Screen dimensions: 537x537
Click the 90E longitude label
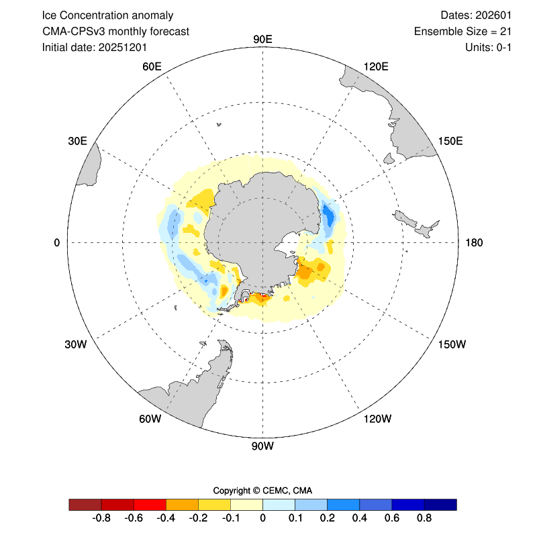262,39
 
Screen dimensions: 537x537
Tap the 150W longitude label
451,344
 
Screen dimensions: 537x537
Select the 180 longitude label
474,242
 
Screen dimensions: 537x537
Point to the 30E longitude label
77,140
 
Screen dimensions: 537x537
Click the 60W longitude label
150,419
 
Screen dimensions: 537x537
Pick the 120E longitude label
375,66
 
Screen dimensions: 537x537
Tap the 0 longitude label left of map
57,242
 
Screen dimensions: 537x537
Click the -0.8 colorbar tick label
101,519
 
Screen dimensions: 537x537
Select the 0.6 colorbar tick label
392,519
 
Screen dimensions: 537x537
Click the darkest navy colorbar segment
440,505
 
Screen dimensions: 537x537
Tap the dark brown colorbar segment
85,505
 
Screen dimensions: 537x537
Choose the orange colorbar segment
182,505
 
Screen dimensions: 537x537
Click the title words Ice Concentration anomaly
107,15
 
